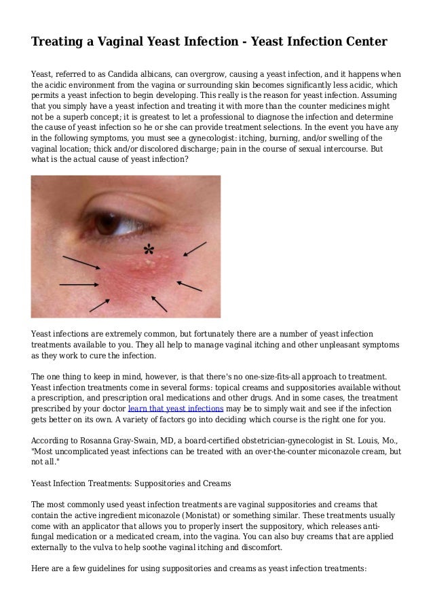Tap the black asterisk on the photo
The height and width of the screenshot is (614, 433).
[x=147, y=250]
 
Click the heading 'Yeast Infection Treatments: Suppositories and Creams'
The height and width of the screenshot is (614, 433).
[x=132, y=483]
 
